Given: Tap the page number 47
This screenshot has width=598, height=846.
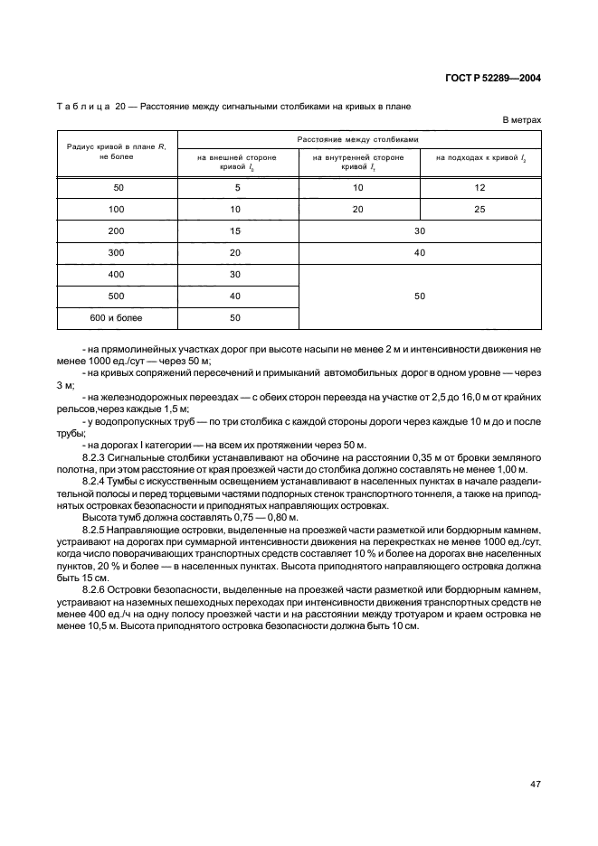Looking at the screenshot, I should tap(535, 783).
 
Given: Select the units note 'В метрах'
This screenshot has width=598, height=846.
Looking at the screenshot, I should tap(521, 119).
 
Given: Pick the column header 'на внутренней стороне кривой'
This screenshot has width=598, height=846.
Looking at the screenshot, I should tap(358, 162).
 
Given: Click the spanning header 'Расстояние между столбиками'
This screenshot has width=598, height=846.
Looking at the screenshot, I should tap(358, 139).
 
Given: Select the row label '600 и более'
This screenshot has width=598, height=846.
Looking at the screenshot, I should tap(116, 317).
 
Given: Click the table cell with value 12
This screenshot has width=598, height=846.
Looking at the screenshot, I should tap(480, 187).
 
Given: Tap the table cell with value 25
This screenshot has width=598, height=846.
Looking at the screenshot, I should tap(480, 209).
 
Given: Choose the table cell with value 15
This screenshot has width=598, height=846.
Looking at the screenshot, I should tap(235, 230).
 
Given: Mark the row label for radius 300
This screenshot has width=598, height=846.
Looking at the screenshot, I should tap(116, 252).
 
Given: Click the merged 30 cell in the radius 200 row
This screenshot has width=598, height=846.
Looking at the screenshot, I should tap(420, 230).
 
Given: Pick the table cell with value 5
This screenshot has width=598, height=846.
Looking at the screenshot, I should tap(235, 187).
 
